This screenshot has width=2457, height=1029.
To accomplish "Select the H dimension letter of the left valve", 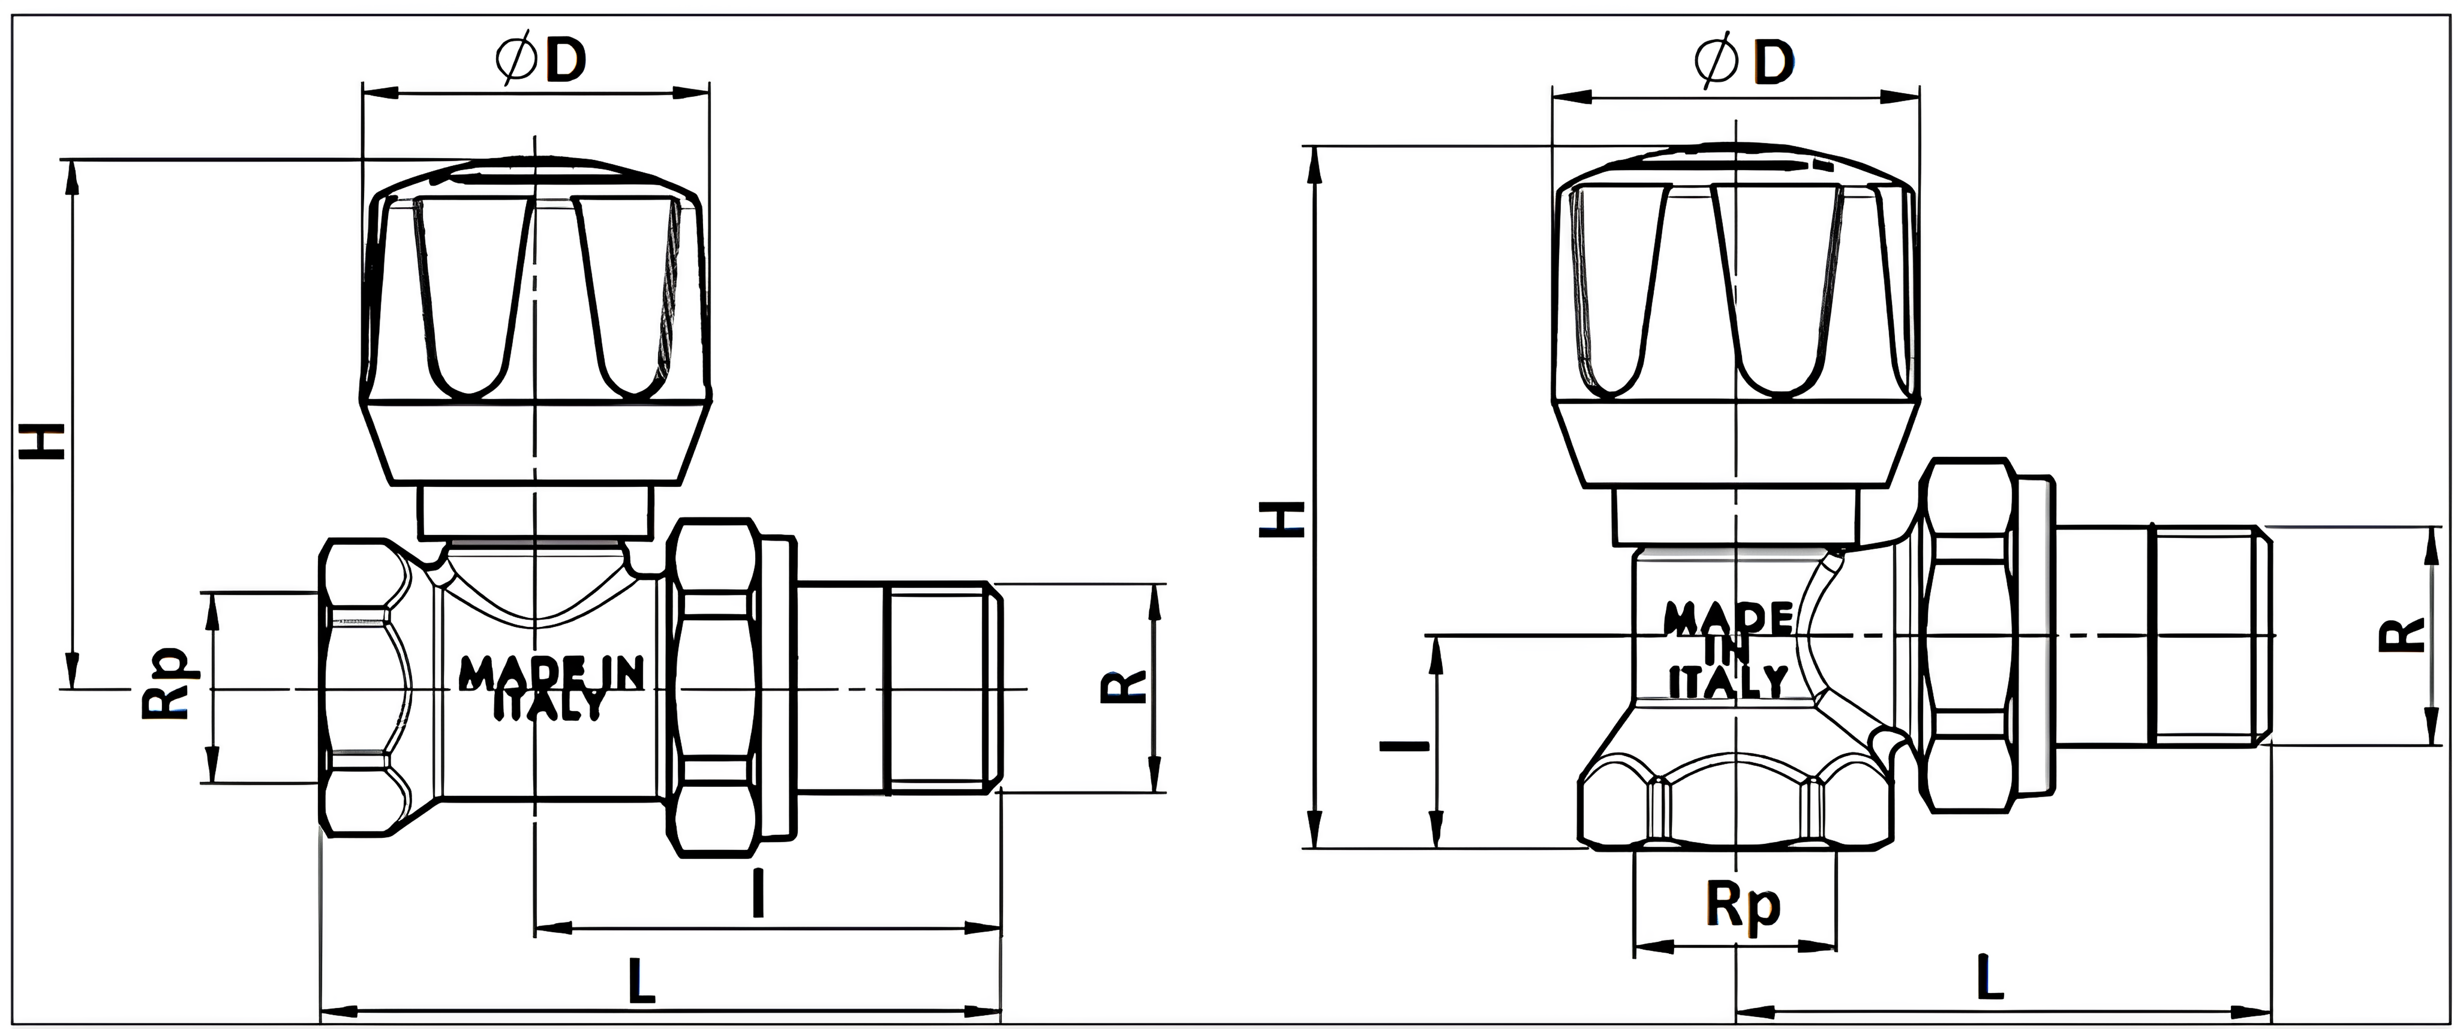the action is tap(45, 441).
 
